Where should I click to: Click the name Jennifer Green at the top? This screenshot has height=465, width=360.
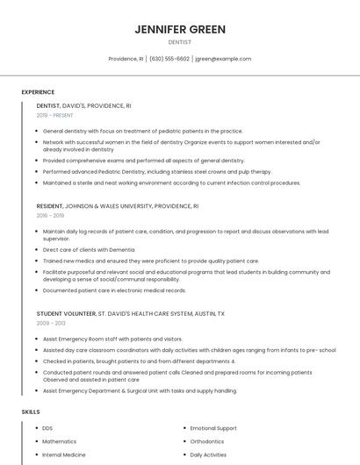[180, 29]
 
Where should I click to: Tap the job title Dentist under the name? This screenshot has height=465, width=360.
[180, 42]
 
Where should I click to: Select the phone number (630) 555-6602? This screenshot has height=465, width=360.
[169, 59]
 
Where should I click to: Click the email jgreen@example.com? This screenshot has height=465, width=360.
[223, 59]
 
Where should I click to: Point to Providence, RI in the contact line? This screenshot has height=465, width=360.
[126, 59]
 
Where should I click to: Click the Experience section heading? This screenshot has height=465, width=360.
[38, 92]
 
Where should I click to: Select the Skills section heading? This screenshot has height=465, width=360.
[31, 411]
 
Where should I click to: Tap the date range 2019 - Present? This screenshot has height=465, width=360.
[55, 115]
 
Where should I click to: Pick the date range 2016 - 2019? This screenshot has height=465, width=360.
[50, 215]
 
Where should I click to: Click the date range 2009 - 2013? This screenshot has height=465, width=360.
[50, 323]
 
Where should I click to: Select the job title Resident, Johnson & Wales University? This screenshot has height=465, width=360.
[118, 205]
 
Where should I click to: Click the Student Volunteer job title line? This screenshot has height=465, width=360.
[131, 313]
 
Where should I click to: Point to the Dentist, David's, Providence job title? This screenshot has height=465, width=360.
[84, 105]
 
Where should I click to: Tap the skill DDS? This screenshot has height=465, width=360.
[47, 428]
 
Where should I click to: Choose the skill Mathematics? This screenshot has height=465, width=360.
[60, 441]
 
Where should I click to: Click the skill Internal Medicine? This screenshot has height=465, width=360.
[64, 455]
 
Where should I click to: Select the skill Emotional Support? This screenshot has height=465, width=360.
[213, 428]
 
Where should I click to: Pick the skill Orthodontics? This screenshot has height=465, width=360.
[207, 441]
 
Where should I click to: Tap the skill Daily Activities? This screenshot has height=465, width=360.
[208, 455]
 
